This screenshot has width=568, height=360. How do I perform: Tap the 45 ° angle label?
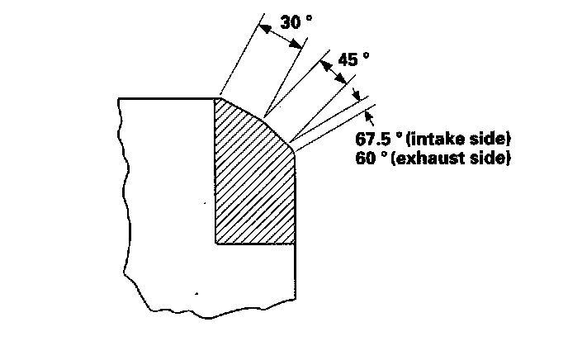click(353, 59)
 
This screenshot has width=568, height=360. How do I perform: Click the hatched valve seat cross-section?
click(252, 182)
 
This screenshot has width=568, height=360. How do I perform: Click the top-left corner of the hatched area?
click(215, 99)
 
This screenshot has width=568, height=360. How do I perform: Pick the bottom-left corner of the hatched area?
click(215, 244)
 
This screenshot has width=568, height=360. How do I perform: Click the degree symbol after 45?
click(367, 56)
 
